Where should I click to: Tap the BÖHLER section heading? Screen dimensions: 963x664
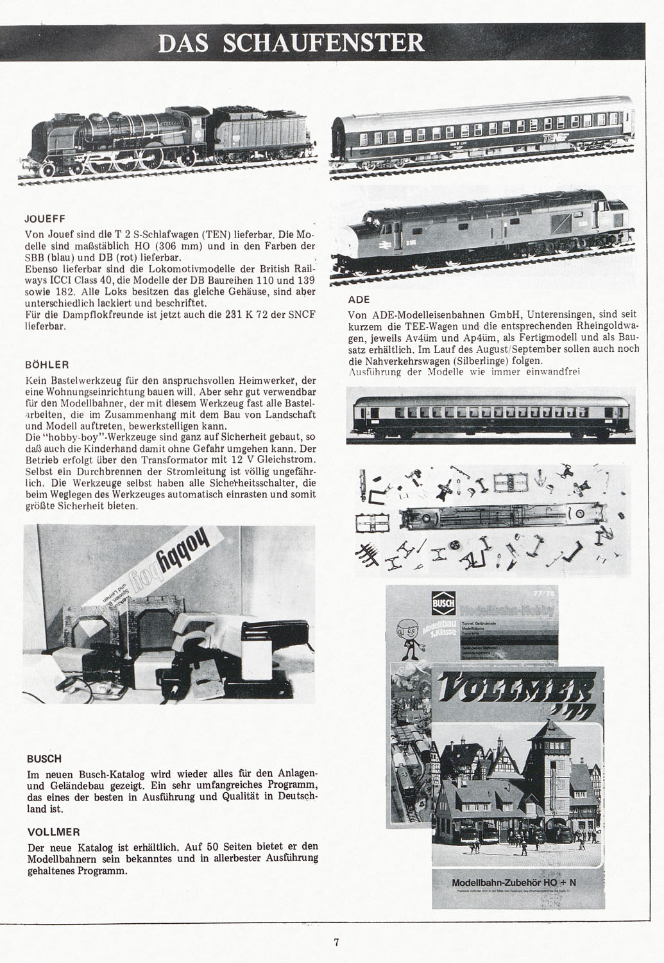click(x=46, y=364)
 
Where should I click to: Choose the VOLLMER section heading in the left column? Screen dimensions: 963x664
click(x=53, y=831)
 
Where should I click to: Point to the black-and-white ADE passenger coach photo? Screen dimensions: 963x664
click(x=491, y=416)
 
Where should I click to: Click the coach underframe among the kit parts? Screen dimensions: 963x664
click(x=494, y=515)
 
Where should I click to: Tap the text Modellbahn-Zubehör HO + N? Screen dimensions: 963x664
click(x=514, y=883)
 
